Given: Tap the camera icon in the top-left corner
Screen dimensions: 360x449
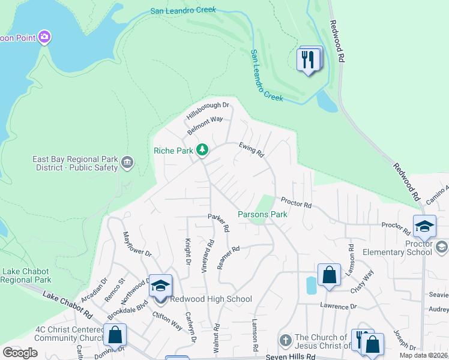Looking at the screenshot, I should tap(44, 38).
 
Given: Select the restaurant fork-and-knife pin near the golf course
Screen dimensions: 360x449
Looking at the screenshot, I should tap(309, 60).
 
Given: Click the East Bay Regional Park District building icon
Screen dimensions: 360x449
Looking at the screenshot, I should tap(127, 162).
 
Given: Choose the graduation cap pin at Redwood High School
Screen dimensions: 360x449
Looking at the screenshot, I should tap(160, 286).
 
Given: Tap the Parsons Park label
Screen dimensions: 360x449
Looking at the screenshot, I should tap(262, 214).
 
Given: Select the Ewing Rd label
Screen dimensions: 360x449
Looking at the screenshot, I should tap(252, 149).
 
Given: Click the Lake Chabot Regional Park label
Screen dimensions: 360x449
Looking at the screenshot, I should tap(26, 275).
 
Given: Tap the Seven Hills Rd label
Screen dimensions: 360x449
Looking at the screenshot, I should tap(291, 356).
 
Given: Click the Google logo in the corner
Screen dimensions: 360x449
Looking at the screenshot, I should tap(20, 352).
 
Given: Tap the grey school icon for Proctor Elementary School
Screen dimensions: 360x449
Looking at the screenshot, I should tap(441, 247).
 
